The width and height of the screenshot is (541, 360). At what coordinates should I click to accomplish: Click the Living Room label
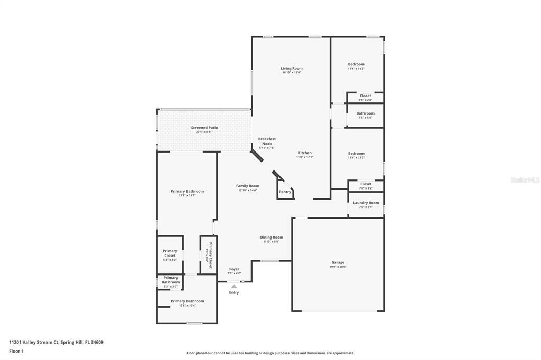point(291,68)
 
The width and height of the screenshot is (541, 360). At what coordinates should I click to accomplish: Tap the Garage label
point(338,262)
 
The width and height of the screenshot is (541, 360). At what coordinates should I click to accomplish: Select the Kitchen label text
point(304,153)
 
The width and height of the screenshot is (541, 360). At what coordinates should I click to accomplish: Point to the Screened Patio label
point(204,128)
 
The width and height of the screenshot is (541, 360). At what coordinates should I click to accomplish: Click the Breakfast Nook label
point(267,141)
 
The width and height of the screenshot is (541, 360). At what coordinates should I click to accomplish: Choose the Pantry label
point(285,192)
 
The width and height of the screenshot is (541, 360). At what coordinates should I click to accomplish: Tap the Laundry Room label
point(366,203)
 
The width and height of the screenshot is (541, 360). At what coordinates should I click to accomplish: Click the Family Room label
point(247,186)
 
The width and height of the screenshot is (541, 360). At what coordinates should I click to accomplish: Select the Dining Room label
point(271,238)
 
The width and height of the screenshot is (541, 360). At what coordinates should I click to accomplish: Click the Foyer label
point(234,269)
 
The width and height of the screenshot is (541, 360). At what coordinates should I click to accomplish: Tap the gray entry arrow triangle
point(234,286)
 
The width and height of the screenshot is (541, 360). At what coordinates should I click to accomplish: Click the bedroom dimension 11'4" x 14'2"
point(356,69)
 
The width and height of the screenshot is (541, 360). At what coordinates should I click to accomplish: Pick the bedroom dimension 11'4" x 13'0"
point(356,158)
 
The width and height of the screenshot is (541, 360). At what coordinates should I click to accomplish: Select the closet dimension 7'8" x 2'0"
point(366,100)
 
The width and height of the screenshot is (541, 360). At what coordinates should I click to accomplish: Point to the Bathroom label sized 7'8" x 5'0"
point(365,113)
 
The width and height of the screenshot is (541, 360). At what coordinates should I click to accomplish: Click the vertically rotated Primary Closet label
point(210,255)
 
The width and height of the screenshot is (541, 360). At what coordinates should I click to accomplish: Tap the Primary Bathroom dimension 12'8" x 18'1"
point(187,195)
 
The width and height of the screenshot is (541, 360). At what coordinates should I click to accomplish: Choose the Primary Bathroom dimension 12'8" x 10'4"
point(187,306)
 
